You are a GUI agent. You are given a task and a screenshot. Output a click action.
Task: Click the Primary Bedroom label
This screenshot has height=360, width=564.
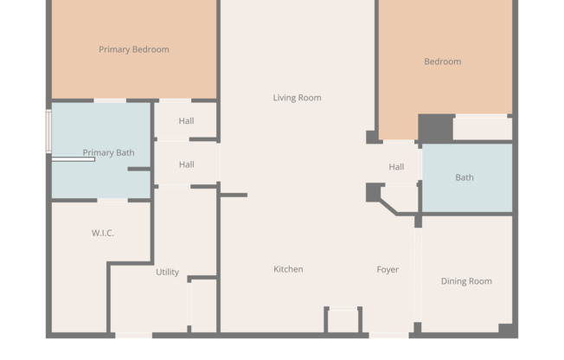click(x=133, y=49)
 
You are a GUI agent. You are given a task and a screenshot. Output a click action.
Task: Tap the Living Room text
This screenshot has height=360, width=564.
click(x=297, y=98)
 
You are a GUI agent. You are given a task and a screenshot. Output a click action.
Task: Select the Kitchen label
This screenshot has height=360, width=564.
click(x=288, y=269)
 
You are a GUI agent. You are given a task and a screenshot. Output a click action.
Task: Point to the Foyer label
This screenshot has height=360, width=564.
click(x=388, y=269)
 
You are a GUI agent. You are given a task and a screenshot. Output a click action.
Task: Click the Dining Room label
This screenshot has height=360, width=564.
click(x=466, y=281)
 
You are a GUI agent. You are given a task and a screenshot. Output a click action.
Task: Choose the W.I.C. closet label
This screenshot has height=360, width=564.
click(x=103, y=233)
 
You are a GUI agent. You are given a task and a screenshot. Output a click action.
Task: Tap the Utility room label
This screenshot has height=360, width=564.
click(x=167, y=272)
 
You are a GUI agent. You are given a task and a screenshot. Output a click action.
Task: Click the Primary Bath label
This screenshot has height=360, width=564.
click(x=108, y=152)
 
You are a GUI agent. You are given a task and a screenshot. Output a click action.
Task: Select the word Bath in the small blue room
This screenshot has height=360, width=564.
click(x=465, y=177)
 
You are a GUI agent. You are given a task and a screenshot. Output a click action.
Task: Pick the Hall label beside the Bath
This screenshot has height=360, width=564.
click(x=396, y=167)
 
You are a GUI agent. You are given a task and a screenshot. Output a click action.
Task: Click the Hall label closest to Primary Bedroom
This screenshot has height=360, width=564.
click(x=186, y=121)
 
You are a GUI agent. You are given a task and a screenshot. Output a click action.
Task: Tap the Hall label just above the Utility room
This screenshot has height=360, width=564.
click(x=186, y=164)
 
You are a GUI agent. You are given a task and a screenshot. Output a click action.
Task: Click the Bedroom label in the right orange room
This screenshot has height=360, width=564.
click(x=442, y=61)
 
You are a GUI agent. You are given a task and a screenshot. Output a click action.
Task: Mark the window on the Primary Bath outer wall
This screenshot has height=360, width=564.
click(x=48, y=130)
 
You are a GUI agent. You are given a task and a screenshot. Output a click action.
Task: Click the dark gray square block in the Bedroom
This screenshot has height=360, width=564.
click(x=435, y=128)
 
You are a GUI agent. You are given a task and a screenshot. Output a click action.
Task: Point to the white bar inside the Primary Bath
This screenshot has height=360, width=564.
click(x=73, y=159)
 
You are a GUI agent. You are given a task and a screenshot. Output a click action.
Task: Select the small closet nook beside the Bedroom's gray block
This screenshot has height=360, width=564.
click(x=482, y=128)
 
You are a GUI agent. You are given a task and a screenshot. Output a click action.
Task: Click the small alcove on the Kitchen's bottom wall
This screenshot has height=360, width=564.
click(x=343, y=320)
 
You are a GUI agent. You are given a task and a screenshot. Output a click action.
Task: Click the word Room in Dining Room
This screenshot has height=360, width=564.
click(x=480, y=281)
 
